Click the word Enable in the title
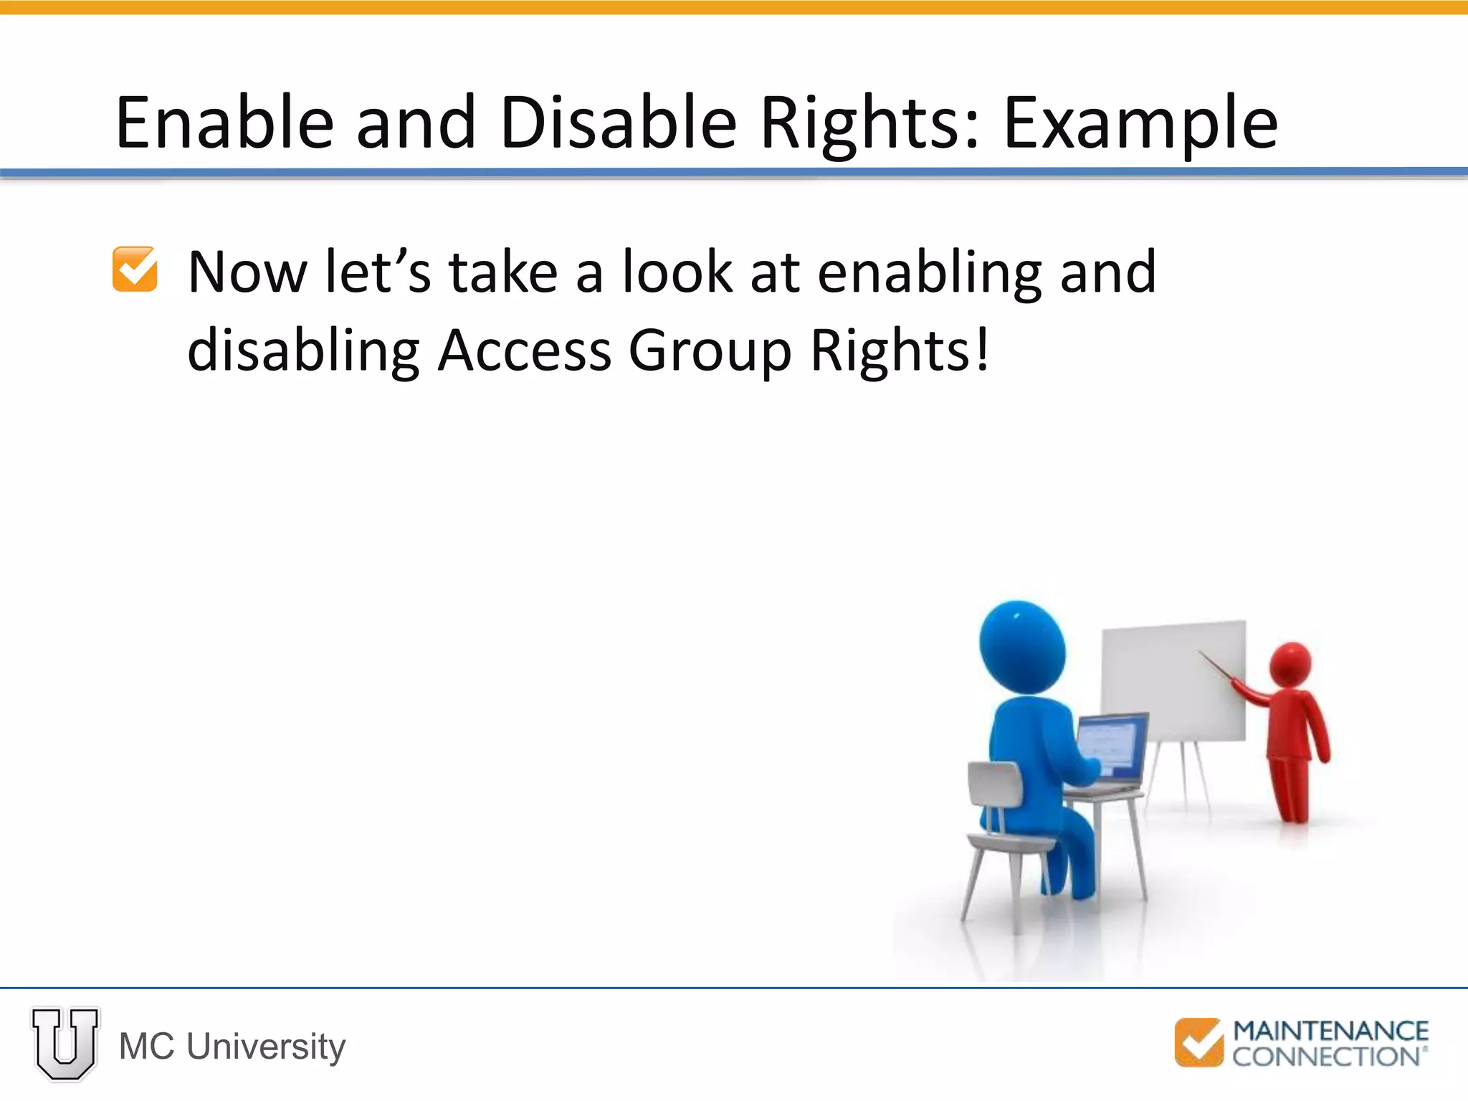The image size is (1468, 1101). click(x=224, y=123)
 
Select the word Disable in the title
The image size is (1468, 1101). click(x=619, y=123)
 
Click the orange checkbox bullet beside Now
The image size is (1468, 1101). click(x=135, y=270)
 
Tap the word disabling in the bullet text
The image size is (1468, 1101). click(x=303, y=351)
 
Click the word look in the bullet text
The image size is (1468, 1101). click(x=677, y=272)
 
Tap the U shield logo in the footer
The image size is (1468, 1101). click(x=65, y=1044)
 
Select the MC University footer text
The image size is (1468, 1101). click(x=232, y=1047)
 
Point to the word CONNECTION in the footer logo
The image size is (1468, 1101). click(x=1325, y=1057)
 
